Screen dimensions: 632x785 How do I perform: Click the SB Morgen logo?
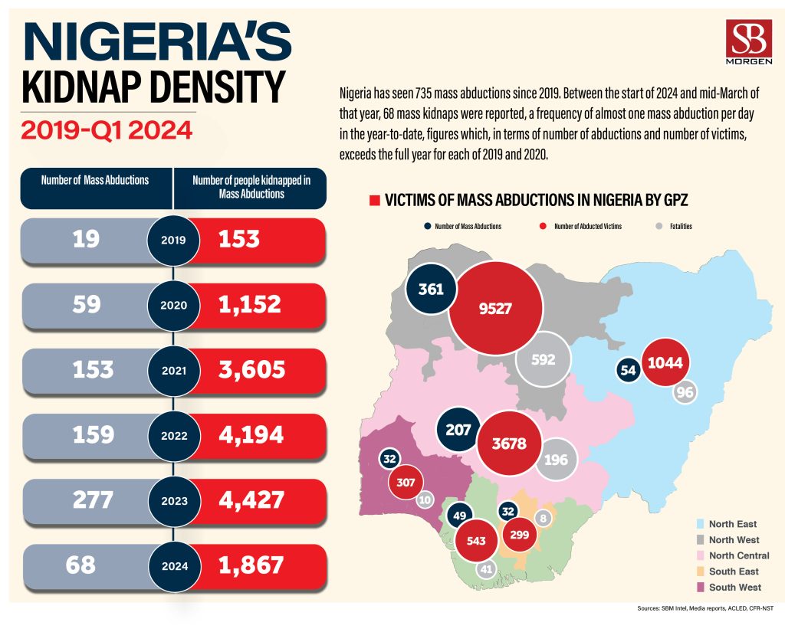pos(747,44)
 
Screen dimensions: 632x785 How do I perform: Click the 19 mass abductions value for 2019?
pos(87,239)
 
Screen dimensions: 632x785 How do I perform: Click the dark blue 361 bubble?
pos(431,290)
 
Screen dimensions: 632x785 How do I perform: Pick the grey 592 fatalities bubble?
pos(543,359)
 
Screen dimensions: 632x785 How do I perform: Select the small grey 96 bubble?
pos(684,391)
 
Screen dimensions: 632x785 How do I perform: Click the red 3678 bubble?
pos(509,443)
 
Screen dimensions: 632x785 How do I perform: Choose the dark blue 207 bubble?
pos(458,431)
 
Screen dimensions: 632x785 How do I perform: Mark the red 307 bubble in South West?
pos(406,483)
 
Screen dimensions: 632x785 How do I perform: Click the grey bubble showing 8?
pos(544,518)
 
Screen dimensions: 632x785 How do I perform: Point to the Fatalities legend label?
pos(681,227)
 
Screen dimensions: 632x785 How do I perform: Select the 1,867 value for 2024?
pos(251,565)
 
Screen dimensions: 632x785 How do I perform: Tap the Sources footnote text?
pos(705,609)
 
